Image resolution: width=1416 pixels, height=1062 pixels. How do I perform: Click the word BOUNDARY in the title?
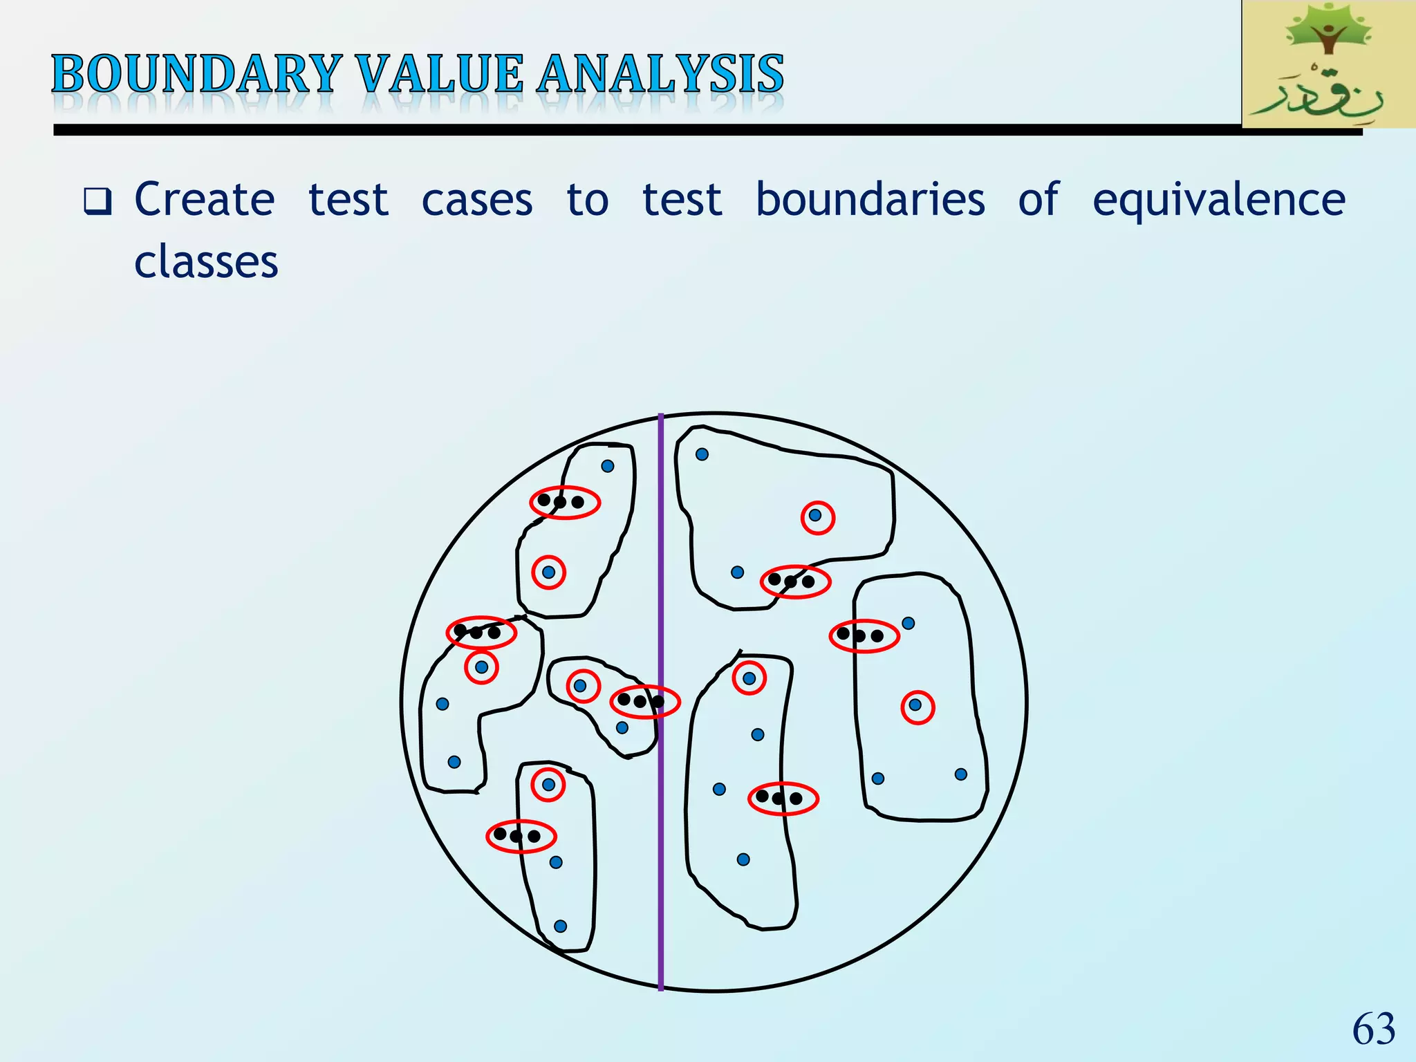coord(197,75)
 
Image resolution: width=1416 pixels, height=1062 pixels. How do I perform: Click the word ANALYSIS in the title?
coord(660,75)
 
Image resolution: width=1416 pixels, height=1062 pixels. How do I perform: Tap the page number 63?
coord(1373,1029)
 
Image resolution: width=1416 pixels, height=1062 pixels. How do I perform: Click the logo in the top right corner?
coord(1327,64)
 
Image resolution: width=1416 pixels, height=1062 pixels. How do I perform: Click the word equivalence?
coord(1218,201)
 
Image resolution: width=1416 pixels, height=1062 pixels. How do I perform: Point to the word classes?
coord(206,262)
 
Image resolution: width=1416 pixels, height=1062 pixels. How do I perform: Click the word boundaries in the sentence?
coord(870,200)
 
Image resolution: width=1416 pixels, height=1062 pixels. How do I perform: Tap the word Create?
coord(205,200)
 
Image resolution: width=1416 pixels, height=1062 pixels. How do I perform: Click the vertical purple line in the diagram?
coord(661,864)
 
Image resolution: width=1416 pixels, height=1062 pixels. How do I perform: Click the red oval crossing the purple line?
coord(644,702)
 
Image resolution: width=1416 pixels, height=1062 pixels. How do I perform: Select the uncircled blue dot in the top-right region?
coord(702,454)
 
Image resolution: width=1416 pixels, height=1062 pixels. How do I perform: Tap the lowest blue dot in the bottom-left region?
coord(561,926)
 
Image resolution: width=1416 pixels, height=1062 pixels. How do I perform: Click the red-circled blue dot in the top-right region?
coord(816,516)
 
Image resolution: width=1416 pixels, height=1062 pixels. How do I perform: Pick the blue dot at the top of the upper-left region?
coord(608,466)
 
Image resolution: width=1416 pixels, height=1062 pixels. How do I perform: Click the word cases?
coord(477,201)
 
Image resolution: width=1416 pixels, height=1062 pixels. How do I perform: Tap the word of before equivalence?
coord(1038,200)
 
